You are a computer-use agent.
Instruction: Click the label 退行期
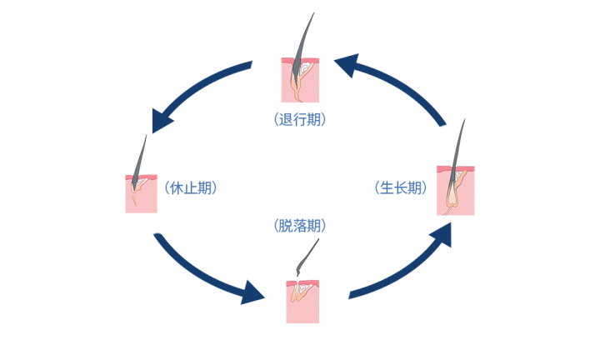pyautogui.click(x=299, y=119)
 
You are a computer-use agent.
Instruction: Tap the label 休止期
pyautogui.click(x=191, y=187)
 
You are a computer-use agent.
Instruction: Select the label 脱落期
pyautogui.click(x=299, y=225)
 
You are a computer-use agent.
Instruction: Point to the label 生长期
pyautogui.click(x=401, y=187)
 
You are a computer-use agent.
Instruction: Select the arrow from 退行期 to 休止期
pyautogui.click(x=196, y=87)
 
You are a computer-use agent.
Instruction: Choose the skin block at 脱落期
pyautogui.click(x=302, y=302)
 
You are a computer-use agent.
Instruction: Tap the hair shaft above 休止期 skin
pyautogui.click(x=142, y=154)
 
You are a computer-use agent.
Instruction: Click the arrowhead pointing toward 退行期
pyautogui.click(x=347, y=67)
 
